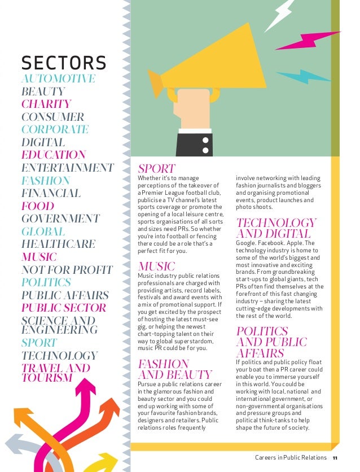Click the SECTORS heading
(x=63, y=62)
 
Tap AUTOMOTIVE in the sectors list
(x=58, y=78)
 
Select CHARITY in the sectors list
(x=46, y=104)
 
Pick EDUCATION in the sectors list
(x=54, y=155)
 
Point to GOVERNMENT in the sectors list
(x=60, y=218)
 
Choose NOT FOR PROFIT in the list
(x=67, y=270)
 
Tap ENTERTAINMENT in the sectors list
(x=67, y=168)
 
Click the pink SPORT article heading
(x=156, y=169)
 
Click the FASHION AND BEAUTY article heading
(x=174, y=369)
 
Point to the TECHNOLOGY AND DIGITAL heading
(x=276, y=228)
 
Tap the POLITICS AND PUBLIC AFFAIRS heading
(x=272, y=342)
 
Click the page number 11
(x=335, y=457)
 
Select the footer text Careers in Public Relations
(x=291, y=457)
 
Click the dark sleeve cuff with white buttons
(x=194, y=145)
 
